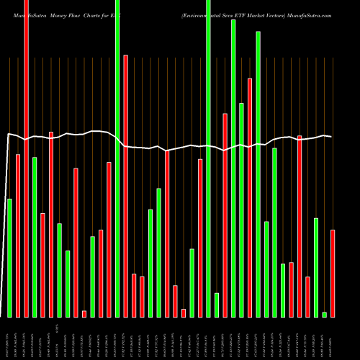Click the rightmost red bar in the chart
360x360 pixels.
tap(333, 273)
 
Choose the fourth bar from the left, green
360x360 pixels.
tap(35, 237)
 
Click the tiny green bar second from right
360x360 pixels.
tap(324, 314)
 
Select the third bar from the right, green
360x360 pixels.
tap(316, 267)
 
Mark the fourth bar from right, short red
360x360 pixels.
tap(307, 297)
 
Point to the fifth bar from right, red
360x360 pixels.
tap(300, 226)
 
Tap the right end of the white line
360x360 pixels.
tap(331, 136)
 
